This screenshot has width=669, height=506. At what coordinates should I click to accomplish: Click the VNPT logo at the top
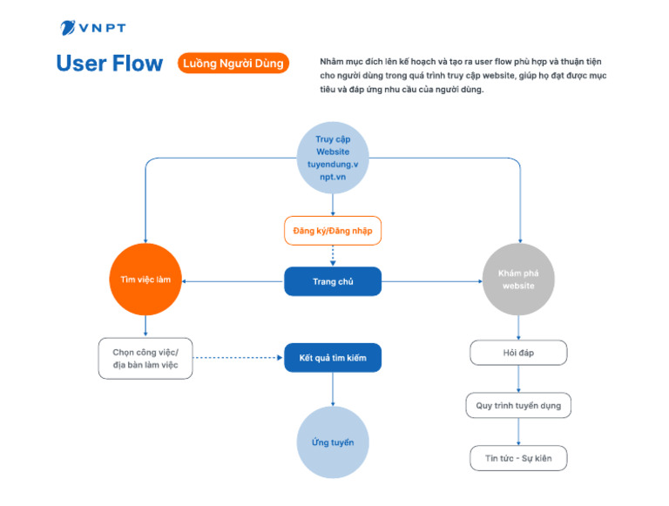pyautogui.click(x=92, y=28)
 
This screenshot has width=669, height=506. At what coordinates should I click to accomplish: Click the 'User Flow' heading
pyautogui.click(x=109, y=64)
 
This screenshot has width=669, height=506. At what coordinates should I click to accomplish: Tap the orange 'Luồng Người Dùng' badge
pyautogui.click(x=233, y=64)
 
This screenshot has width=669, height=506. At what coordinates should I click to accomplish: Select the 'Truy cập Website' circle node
pyautogui.click(x=333, y=158)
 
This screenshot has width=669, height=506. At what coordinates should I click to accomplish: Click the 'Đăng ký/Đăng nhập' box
pyautogui.click(x=333, y=231)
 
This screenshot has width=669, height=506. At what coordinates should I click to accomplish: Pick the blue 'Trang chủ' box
pyautogui.click(x=333, y=281)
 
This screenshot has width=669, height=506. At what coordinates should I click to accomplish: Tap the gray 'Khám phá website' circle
pyautogui.click(x=518, y=280)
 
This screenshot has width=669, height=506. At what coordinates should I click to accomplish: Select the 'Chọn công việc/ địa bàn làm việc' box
pyautogui.click(x=145, y=358)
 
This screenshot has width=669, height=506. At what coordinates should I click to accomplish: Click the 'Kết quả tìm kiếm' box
pyautogui.click(x=333, y=358)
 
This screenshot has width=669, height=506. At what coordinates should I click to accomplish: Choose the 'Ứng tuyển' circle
pyautogui.click(x=333, y=442)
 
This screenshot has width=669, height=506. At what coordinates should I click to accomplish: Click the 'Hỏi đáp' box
pyautogui.click(x=518, y=353)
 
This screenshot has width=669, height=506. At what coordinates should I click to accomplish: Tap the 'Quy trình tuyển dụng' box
pyautogui.click(x=518, y=406)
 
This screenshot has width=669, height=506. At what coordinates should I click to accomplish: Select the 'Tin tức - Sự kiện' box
pyautogui.click(x=518, y=458)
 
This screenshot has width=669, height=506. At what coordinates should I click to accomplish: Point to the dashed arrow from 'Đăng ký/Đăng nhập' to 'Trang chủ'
pyautogui.click(x=333, y=256)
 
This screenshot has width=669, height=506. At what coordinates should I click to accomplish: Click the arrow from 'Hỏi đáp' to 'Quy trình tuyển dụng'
pyautogui.click(x=518, y=379)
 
